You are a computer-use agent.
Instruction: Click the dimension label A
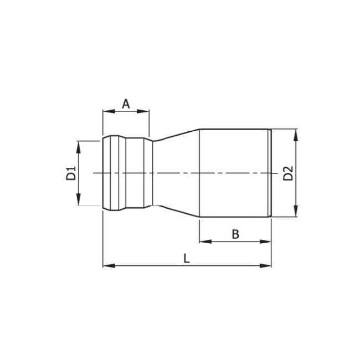(126, 103)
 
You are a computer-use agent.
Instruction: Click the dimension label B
(235, 234)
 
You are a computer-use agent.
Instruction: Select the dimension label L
(187, 258)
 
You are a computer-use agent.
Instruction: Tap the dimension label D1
(71, 173)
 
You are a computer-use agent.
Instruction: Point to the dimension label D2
(287, 173)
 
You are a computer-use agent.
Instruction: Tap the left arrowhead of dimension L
(106, 266)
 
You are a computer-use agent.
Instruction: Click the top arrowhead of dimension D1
(79, 144)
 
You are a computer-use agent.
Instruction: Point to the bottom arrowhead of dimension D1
(79, 202)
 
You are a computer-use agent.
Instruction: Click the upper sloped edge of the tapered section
(176, 134)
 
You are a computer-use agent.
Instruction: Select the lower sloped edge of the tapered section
(176, 213)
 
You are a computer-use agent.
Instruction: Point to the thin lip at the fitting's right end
(270, 173)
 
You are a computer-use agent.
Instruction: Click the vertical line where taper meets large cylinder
(199, 173)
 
